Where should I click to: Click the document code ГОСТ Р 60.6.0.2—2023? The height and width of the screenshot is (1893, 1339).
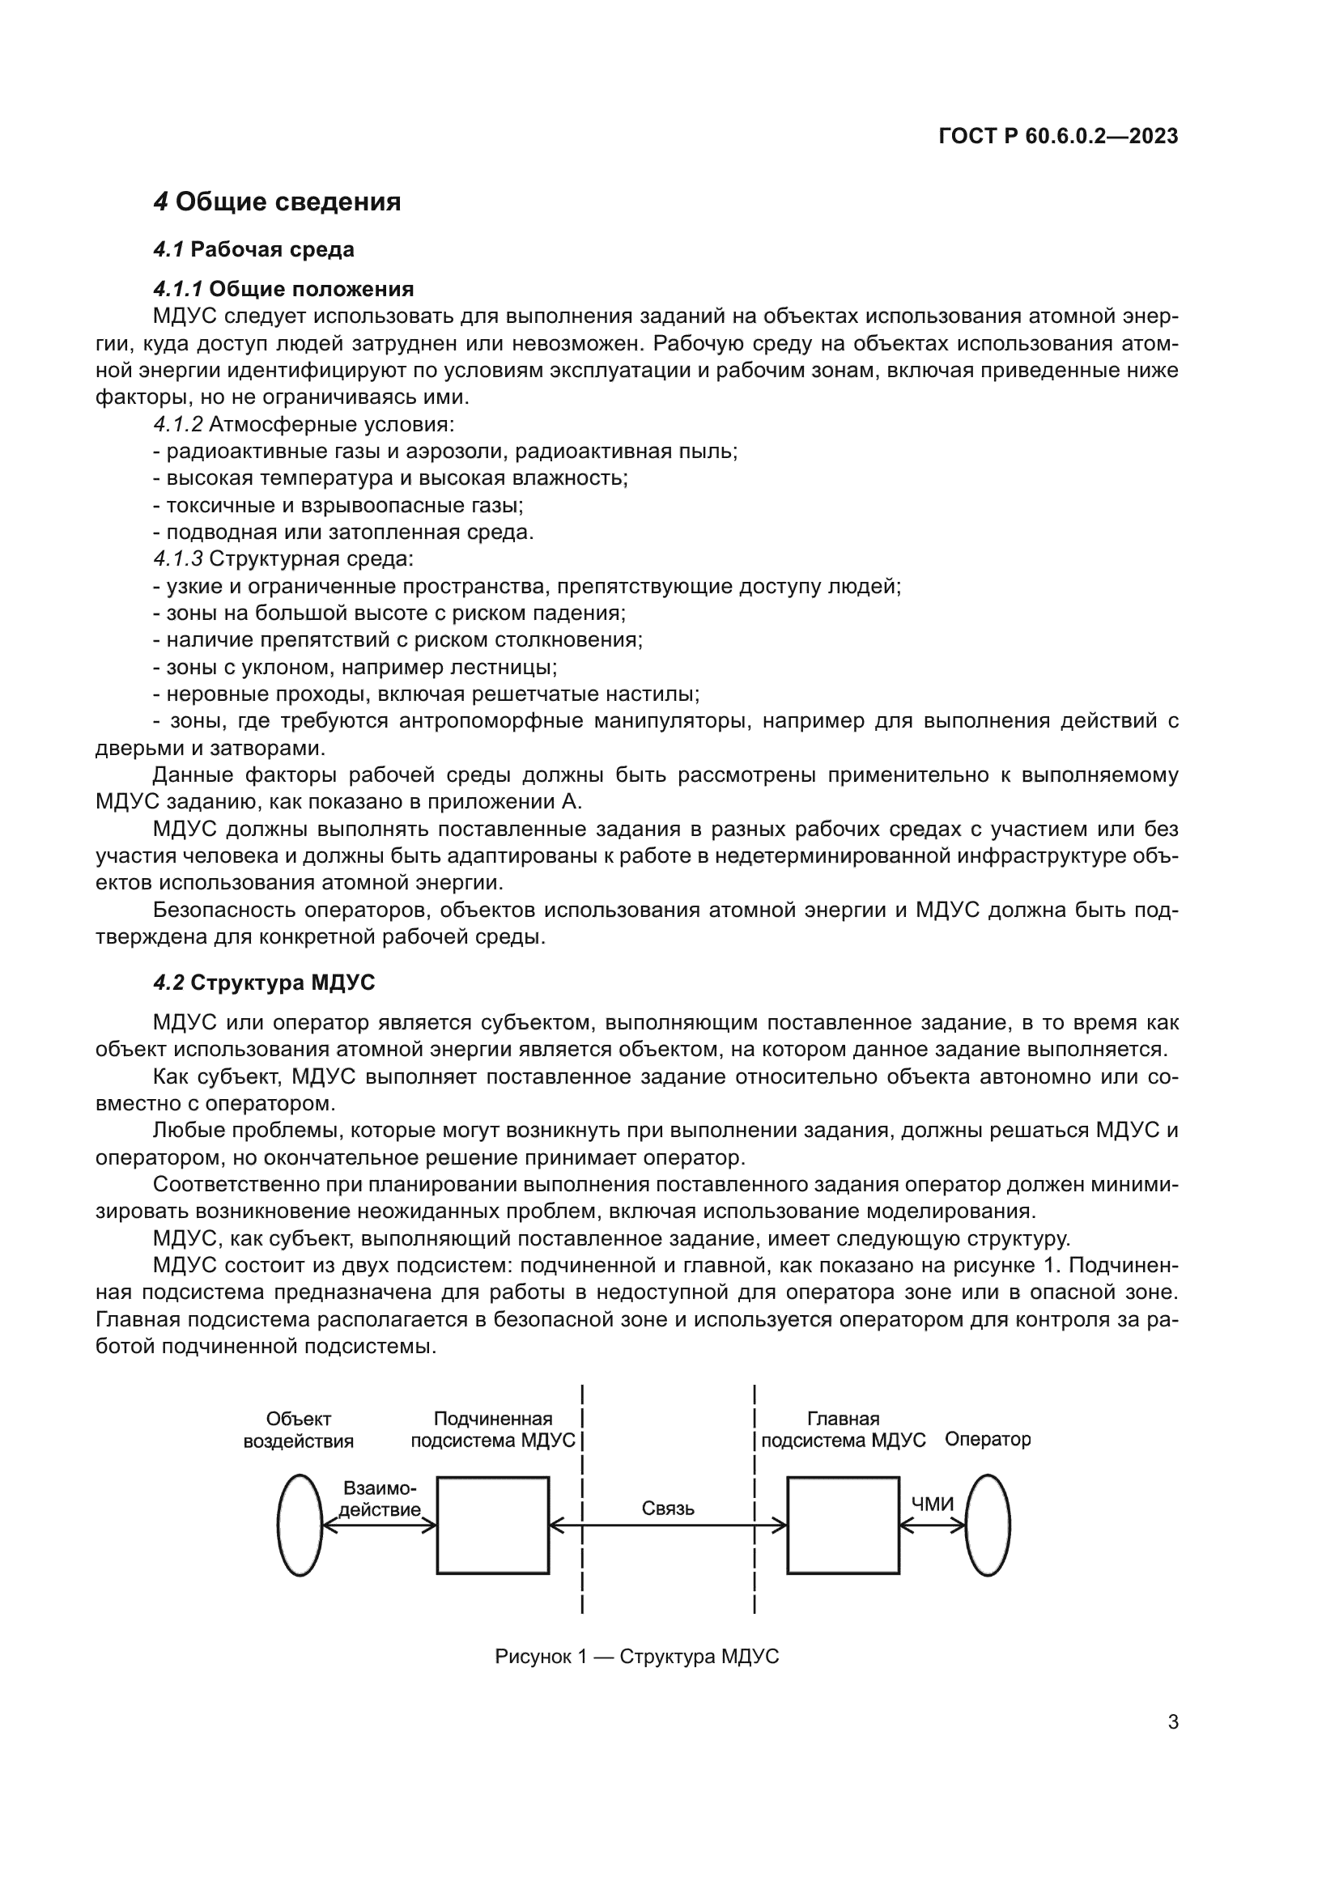[x=1058, y=137]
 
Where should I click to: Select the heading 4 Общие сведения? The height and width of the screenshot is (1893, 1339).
[x=277, y=202]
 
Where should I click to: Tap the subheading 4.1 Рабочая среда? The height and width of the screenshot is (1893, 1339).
[x=254, y=249]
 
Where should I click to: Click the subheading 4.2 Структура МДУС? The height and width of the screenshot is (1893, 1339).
[x=264, y=982]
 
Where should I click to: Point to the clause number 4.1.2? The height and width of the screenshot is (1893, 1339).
[x=177, y=425]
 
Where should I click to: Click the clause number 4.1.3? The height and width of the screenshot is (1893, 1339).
[x=177, y=559]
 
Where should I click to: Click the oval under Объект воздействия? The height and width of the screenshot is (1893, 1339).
[x=300, y=1526]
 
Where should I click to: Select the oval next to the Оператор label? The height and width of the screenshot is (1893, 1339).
[x=987, y=1526]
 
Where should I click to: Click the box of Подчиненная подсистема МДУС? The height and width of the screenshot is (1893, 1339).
[x=492, y=1526]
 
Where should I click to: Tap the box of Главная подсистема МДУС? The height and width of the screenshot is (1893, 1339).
[x=843, y=1526]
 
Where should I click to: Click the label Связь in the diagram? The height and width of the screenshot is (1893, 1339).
[x=668, y=1508]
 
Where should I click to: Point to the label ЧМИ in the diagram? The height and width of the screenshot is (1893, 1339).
[x=932, y=1504]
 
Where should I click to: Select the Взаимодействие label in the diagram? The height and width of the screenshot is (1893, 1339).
[x=379, y=1499]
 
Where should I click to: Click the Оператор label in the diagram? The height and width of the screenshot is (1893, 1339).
[x=987, y=1440]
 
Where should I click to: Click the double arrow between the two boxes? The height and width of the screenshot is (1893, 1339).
[x=668, y=1526]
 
